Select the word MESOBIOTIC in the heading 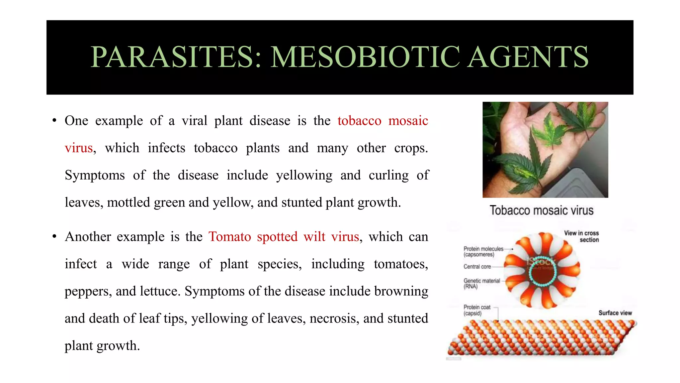(x=365, y=57)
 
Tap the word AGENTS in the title (x=528, y=57)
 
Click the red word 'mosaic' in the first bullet (x=408, y=121)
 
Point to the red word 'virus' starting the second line (x=79, y=148)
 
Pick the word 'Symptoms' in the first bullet (x=95, y=175)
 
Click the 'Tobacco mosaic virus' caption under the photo (x=542, y=210)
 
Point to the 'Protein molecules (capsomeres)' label (x=483, y=252)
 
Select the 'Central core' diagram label (x=477, y=267)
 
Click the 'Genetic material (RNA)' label (x=481, y=284)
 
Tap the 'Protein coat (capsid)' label (x=477, y=310)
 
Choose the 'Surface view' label (x=615, y=313)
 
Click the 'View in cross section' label (x=582, y=236)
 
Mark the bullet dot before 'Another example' (x=54, y=237)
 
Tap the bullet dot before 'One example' (x=54, y=121)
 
